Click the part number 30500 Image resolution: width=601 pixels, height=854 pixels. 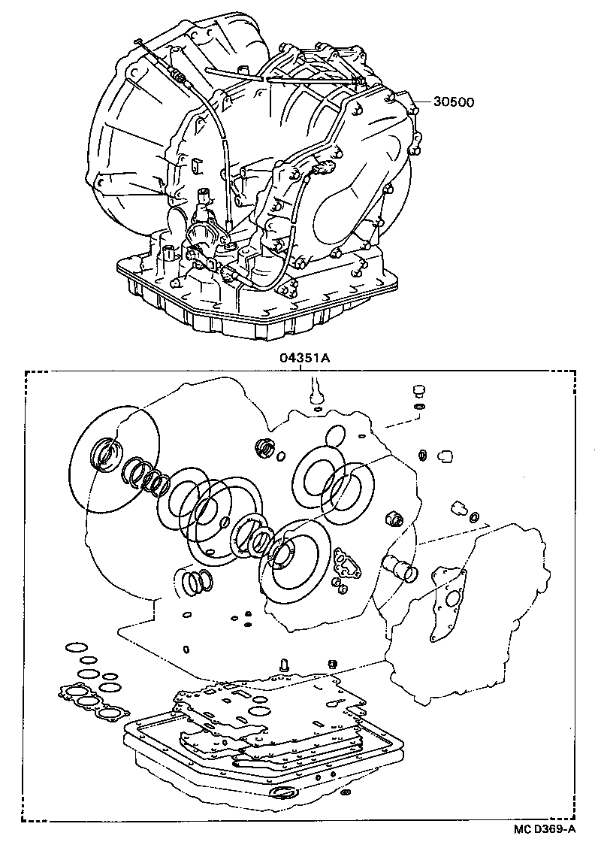[452, 102]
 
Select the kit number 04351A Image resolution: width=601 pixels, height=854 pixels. [304, 358]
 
